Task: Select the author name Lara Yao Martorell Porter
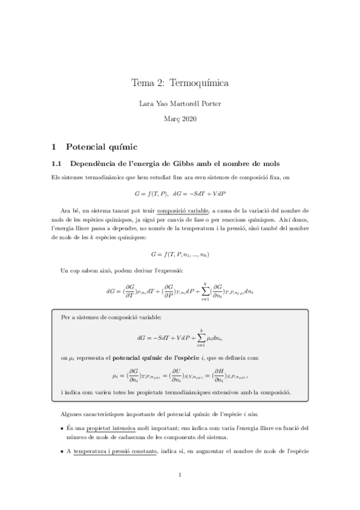(x=180, y=104)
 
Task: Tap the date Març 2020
(x=180, y=119)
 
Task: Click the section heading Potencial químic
(x=102, y=146)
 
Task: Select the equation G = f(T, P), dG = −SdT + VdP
(x=180, y=194)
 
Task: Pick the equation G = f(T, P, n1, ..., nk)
(x=180, y=254)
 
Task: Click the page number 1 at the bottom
(x=180, y=475)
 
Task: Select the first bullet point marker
(x=63, y=428)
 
